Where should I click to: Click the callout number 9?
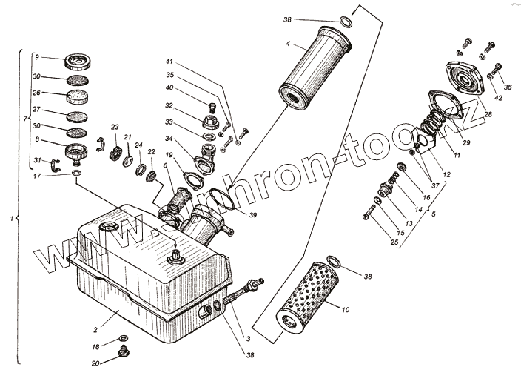click(37, 56)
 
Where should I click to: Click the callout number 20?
click(95, 363)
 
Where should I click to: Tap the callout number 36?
click(507, 87)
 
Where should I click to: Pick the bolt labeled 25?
click(370, 214)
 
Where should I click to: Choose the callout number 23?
click(115, 128)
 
